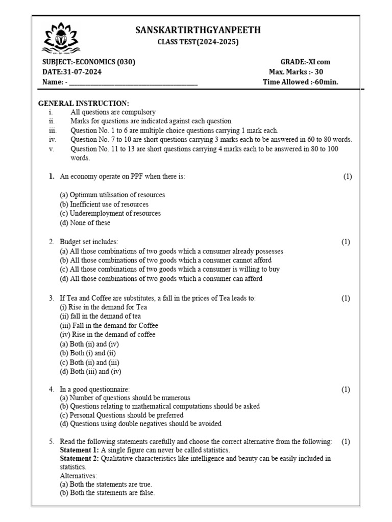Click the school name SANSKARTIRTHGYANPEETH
[198, 31]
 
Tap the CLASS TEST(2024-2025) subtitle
[198, 42]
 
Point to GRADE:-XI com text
[305, 62]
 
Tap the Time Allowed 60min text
[300, 82]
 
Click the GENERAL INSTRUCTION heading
[84, 103]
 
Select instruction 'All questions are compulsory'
[113, 112]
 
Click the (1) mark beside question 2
[346, 242]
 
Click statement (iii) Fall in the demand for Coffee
[109, 325]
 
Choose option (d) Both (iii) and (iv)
[90, 371]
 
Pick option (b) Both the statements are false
[107, 493]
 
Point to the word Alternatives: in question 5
[78, 476]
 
